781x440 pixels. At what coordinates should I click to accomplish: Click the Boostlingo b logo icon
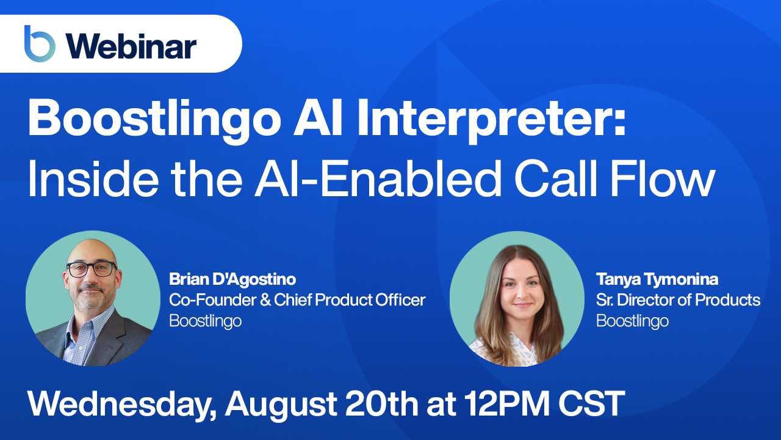click(x=40, y=44)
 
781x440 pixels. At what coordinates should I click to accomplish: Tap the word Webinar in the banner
click(x=131, y=46)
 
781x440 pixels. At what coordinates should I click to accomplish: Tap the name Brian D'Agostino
click(x=232, y=280)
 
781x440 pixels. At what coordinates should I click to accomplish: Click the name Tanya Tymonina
click(x=657, y=280)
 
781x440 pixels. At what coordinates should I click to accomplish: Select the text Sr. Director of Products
click(x=678, y=300)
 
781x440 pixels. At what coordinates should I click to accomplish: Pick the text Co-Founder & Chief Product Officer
click(x=297, y=300)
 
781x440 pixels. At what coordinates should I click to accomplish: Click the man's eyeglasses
click(x=92, y=268)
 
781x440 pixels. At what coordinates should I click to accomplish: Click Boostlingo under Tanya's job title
click(x=632, y=320)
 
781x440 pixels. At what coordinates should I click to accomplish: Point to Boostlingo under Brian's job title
click(x=205, y=320)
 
